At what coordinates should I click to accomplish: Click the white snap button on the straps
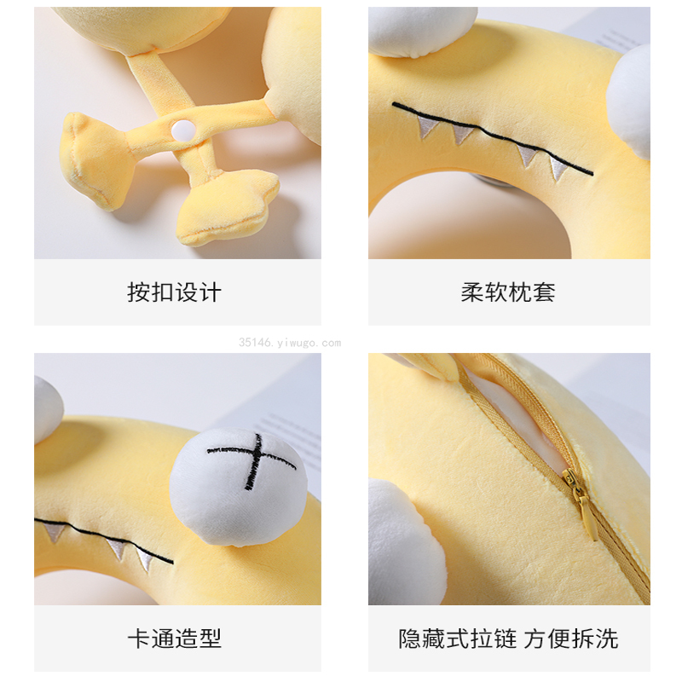[183, 130]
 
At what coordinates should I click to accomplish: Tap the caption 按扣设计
[175, 292]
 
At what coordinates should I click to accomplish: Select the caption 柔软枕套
[508, 292]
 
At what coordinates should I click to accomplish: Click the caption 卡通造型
[175, 639]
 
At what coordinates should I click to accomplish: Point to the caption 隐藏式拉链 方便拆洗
[508, 639]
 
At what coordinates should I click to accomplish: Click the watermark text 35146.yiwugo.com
[290, 343]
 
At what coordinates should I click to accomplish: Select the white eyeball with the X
[239, 486]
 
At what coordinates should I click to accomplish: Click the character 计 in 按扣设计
[210, 292]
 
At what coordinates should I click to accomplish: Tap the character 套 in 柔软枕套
[544, 292]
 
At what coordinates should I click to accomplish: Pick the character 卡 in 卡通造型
[139, 639]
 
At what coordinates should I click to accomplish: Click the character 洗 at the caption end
[607, 639]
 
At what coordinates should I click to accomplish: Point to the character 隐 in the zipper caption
[410, 639]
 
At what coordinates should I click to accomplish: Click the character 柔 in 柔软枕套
[472, 292]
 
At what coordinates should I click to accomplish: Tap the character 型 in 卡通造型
[210, 639]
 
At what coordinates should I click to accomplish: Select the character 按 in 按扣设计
[139, 292]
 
